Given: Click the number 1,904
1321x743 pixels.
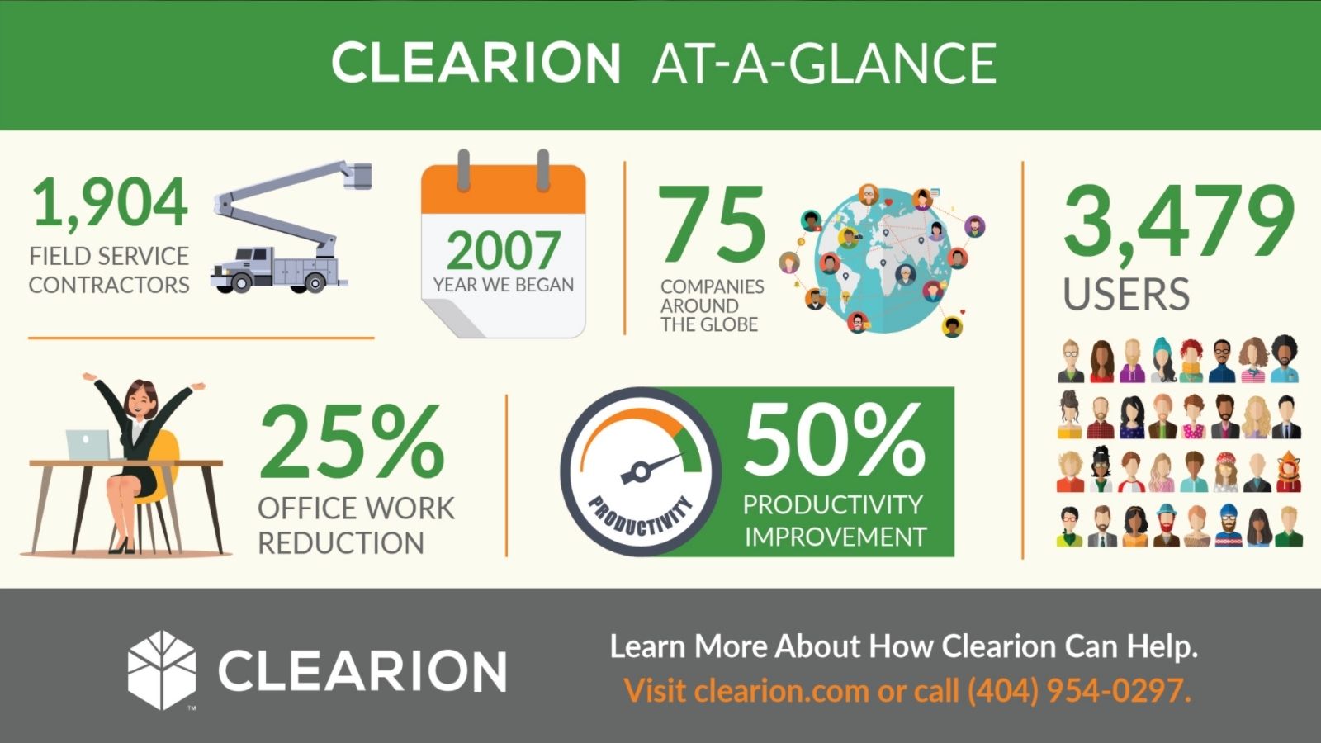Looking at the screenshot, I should (x=110, y=204).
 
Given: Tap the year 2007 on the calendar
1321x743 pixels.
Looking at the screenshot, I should (x=504, y=250).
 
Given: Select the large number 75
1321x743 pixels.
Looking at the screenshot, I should (x=712, y=225).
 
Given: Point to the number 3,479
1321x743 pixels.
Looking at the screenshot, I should (x=1178, y=221).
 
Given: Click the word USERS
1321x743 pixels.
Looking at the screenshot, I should (x=1126, y=295).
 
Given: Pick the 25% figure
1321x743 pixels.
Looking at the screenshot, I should (x=353, y=443).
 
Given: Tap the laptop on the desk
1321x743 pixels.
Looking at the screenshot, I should (x=88, y=445).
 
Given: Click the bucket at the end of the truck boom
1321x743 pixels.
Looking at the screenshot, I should (x=360, y=175).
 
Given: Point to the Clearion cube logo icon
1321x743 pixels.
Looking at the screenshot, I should (x=162, y=670).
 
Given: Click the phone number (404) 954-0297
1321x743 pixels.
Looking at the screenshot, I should (x=1078, y=690).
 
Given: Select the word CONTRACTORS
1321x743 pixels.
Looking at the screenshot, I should (x=109, y=285).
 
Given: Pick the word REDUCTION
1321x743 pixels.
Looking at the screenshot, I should (x=341, y=543).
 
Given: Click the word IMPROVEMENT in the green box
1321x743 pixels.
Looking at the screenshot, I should (x=835, y=537).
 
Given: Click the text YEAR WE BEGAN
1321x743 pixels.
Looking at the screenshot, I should (x=504, y=285).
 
